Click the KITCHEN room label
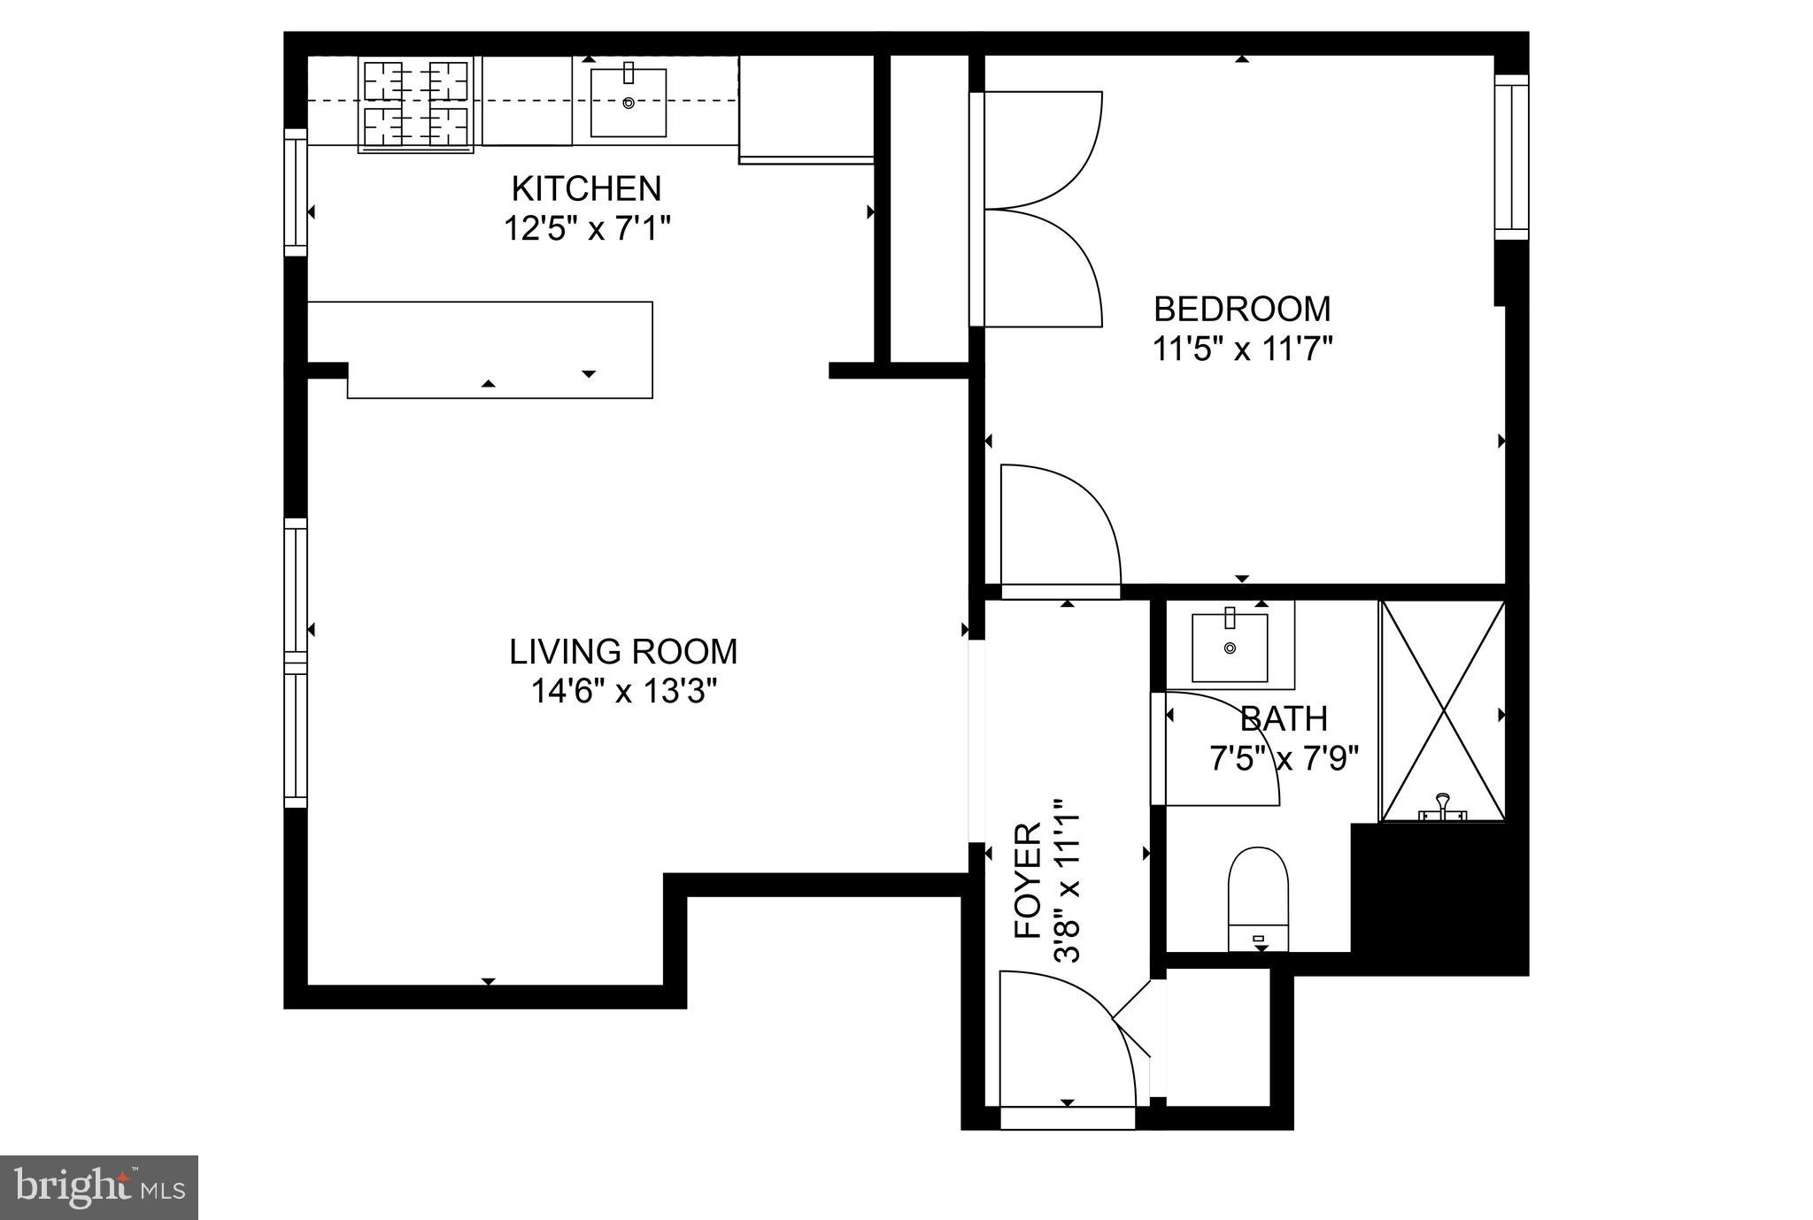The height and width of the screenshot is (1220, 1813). [x=586, y=188]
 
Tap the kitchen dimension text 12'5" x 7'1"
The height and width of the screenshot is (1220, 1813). [x=586, y=229]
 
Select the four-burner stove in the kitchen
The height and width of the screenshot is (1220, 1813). [x=415, y=104]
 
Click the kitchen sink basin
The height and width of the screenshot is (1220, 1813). [x=628, y=102]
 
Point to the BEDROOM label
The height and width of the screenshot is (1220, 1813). [x=1241, y=309]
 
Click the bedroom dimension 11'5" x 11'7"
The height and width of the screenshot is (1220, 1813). [x=1241, y=349]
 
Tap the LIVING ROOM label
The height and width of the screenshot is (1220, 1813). [x=622, y=651]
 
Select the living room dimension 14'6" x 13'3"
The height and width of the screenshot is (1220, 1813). [x=622, y=691]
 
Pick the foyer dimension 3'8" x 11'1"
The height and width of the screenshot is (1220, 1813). [x=1066, y=880]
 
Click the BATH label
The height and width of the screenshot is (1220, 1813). [x=1284, y=718]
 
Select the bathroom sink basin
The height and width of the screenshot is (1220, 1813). [x=1230, y=648]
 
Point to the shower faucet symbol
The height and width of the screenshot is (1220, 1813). [x=1443, y=807]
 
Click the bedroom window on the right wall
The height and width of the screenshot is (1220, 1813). [x=1512, y=157]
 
